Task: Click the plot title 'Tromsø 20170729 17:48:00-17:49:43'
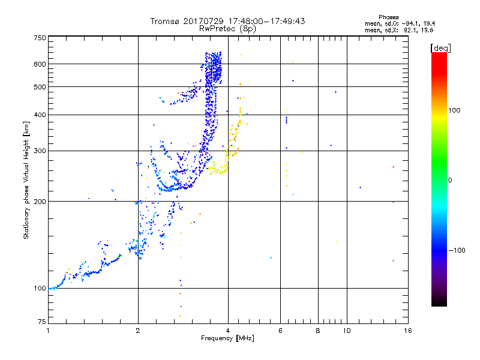(228, 21)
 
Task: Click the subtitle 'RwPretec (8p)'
(228, 28)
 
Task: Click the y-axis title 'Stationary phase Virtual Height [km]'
(26, 180)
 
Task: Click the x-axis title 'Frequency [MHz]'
(227, 338)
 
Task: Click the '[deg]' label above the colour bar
(440, 47)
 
